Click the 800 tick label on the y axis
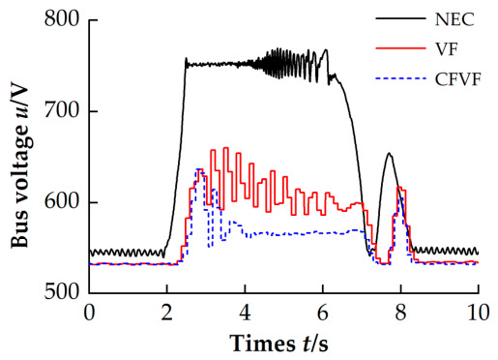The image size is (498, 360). pyautogui.click(x=61, y=19)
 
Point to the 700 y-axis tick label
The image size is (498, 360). pyautogui.click(x=61, y=110)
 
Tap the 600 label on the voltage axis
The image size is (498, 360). pyautogui.click(x=61, y=201)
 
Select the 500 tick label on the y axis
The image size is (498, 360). pyautogui.click(x=61, y=292)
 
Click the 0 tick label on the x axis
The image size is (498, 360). pyautogui.click(x=89, y=313)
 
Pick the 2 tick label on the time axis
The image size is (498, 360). pyautogui.click(x=167, y=313)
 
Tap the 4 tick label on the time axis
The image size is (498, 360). pyautogui.click(x=245, y=313)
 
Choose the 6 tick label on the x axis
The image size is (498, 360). pyautogui.click(x=323, y=313)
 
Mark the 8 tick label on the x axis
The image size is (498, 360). pyautogui.click(x=400, y=313)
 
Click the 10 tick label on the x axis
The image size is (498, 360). pyautogui.click(x=477, y=313)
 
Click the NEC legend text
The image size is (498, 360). pyautogui.click(x=454, y=20)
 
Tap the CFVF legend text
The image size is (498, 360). pyautogui.click(x=457, y=79)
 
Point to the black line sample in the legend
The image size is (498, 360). pyautogui.click(x=400, y=18)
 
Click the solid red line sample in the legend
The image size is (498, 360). pyautogui.click(x=400, y=48)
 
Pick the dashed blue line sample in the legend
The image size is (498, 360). pyautogui.click(x=400, y=78)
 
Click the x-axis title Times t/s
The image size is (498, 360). pyautogui.click(x=279, y=343)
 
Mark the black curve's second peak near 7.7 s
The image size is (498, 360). pyautogui.click(x=389, y=153)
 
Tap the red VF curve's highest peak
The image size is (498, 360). pyautogui.click(x=225, y=148)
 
